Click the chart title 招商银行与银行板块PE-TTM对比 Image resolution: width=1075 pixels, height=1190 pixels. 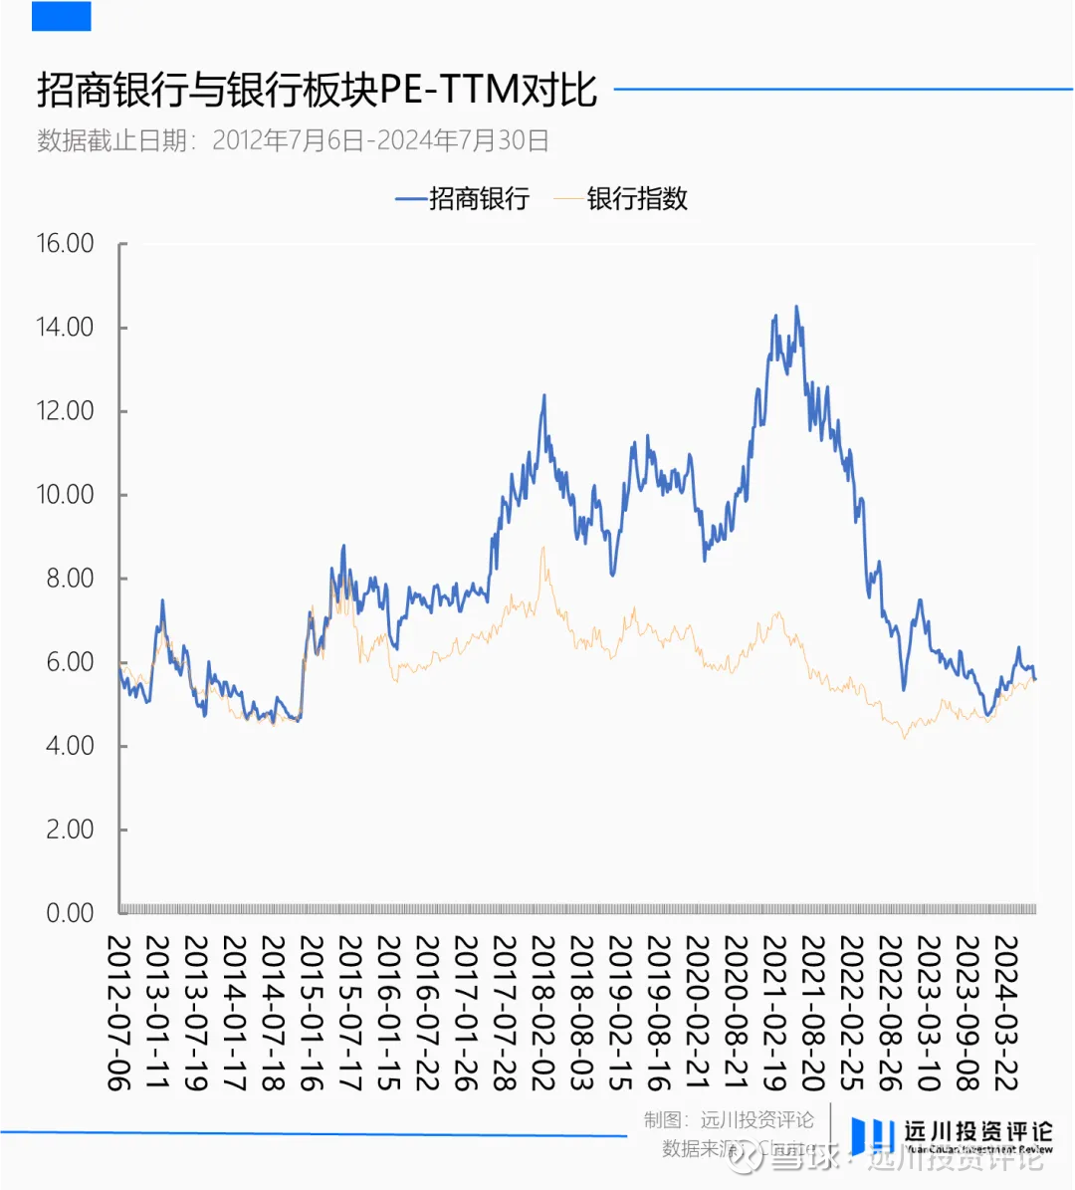[317, 91]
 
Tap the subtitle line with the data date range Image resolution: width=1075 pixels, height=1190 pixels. [293, 140]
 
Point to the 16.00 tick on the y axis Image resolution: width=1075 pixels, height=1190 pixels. [66, 244]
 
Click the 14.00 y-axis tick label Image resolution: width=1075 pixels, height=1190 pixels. [66, 328]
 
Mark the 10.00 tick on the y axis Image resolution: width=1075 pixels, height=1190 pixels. [66, 495]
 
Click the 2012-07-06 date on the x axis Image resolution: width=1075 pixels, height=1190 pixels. [119, 1012]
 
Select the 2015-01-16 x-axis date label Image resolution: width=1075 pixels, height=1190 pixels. [312, 1012]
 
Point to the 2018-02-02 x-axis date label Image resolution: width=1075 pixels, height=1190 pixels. [542, 1012]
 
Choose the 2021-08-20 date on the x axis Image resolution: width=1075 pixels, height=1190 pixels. [812, 1012]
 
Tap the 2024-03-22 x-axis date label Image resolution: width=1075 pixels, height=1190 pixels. [1005, 1012]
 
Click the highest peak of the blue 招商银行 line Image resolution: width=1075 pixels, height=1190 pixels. [795, 307]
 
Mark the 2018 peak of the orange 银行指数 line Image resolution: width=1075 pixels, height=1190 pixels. [543, 547]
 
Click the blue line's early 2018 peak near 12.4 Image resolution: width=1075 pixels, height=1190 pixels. [544, 395]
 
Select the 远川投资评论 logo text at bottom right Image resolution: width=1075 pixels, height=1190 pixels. [977, 1132]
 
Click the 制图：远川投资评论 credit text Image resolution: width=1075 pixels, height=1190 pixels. [729, 1120]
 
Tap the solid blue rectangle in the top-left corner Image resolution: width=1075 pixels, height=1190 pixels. [62, 16]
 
